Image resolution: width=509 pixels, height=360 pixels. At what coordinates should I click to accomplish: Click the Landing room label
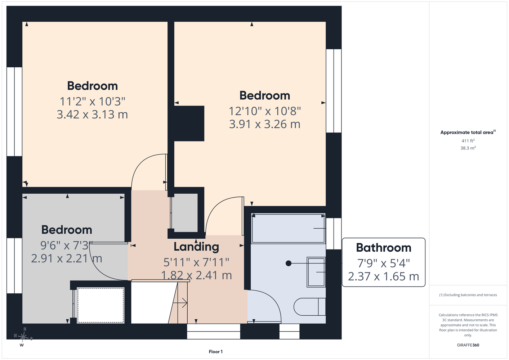pos(196,247)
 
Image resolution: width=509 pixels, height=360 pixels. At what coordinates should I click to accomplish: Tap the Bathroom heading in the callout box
pos(384,248)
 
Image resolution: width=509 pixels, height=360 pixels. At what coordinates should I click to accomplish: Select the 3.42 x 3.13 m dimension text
pos(92,114)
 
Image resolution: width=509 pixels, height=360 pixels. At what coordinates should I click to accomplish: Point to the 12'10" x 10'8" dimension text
pos(265,111)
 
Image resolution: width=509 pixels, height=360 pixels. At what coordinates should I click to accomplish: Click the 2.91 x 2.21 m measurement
pos(67,258)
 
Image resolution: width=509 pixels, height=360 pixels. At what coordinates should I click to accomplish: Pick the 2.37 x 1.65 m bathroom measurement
pos(384,276)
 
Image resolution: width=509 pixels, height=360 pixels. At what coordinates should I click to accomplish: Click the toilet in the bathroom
pos(309,307)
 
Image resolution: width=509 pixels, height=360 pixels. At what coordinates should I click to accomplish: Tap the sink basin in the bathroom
pos(316,272)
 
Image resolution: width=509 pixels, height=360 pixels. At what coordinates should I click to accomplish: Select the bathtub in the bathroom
pos(288,228)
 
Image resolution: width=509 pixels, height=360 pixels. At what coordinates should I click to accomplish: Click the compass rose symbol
pos(23,337)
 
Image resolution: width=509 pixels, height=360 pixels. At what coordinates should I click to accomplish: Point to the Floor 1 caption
pos(216,352)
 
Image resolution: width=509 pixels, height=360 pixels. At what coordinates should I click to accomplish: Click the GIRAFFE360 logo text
pos(468,345)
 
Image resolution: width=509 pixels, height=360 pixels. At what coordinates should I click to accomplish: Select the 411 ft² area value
pos(468,141)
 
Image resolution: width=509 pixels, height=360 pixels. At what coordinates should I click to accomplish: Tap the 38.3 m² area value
pos(468,148)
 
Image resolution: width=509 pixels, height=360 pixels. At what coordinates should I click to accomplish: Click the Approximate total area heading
pos(468,132)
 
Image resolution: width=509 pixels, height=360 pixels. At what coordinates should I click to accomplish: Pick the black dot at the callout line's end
pos(289,263)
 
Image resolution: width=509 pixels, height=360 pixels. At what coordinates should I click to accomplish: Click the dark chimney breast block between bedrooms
pos(189,123)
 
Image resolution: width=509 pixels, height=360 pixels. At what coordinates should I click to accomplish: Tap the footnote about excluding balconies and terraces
pos(468,295)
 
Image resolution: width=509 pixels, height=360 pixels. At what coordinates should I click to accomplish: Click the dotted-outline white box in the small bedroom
pos(101,305)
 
